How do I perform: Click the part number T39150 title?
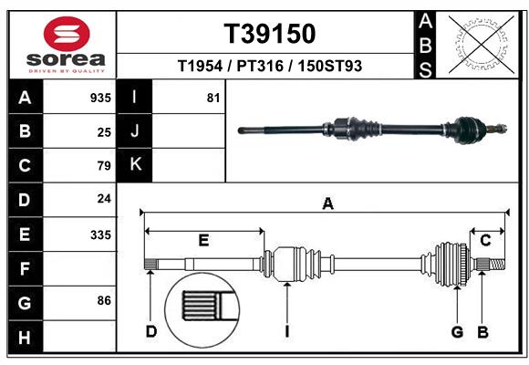tap(270, 34)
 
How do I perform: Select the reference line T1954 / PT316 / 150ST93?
tap(270, 67)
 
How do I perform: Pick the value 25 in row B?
tap(103, 132)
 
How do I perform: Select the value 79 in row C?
tap(103, 166)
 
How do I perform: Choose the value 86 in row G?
tap(103, 300)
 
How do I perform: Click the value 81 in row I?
tap(213, 98)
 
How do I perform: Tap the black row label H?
tap(25, 338)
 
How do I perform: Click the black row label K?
tap(135, 165)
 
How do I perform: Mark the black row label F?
tap(25, 268)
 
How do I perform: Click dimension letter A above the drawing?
tap(327, 204)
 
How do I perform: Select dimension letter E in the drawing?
tap(203, 241)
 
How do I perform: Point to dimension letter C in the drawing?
tap(485, 240)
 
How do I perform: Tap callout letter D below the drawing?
tap(151, 331)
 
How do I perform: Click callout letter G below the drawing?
tap(458, 331)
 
